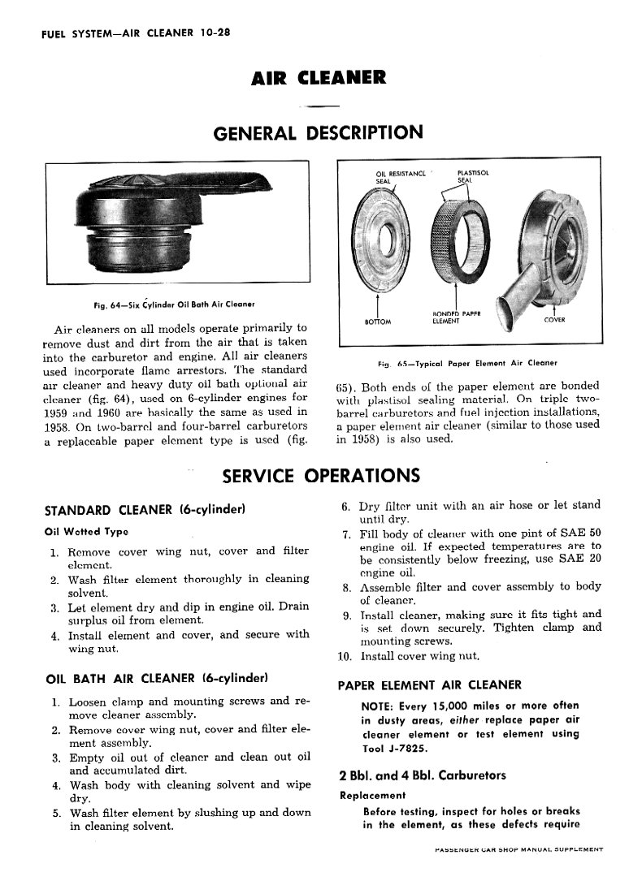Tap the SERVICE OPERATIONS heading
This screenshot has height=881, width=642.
pos(321,475)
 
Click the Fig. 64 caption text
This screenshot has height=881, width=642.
pos(175,304)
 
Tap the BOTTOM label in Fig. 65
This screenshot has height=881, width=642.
pos(378,321)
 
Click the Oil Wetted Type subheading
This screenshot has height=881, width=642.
pos(85,532)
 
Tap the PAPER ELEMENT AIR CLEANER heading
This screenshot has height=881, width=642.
pos(429,685)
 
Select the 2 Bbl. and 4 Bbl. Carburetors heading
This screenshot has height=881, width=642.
pos(422,775)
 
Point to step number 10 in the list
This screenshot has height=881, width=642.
pos(345,655)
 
